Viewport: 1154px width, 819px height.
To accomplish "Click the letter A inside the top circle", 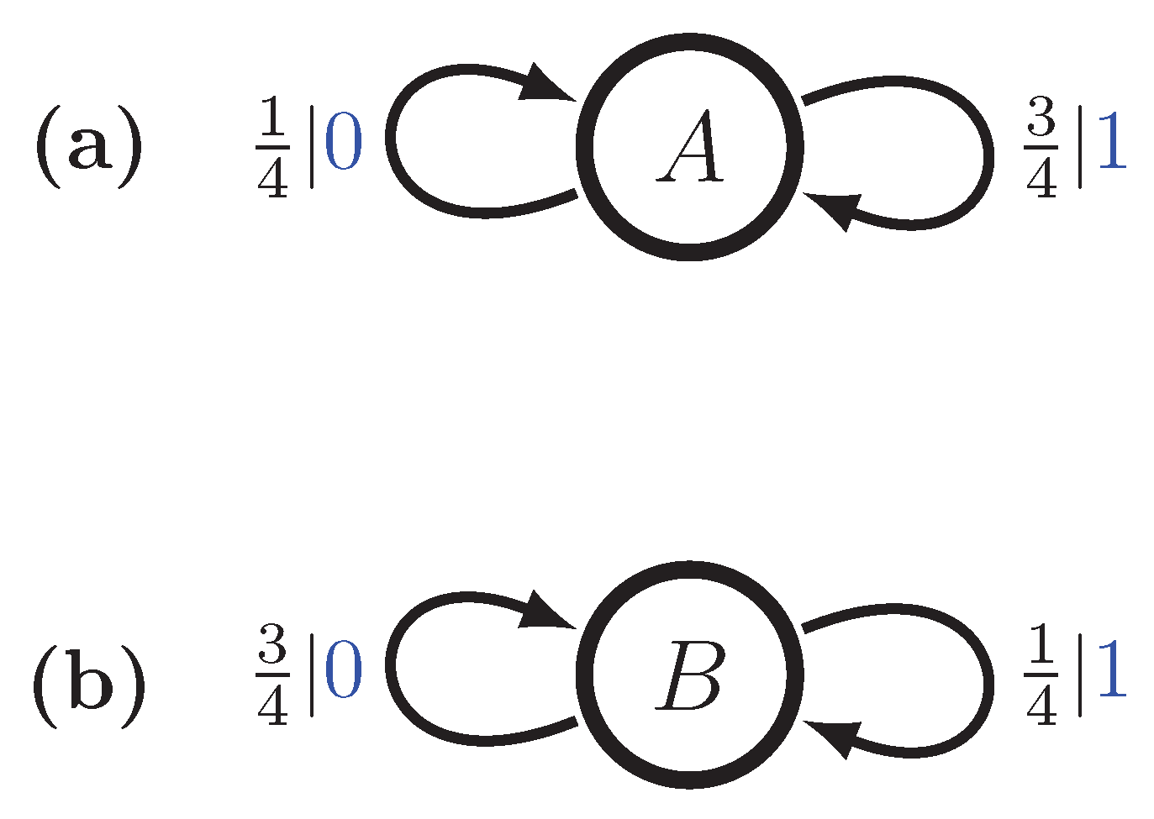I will [x=691, y=149].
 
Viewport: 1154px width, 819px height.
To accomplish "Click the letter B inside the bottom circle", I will [x=690, y=677].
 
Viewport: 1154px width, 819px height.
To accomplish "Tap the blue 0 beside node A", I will [x=344, y=144].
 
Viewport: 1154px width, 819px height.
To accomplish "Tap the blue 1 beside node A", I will [x=1111, y=144].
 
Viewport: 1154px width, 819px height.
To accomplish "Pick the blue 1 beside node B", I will [x=1111, y=672].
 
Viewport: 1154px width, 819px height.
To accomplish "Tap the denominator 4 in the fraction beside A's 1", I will [x=1041, y=178].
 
